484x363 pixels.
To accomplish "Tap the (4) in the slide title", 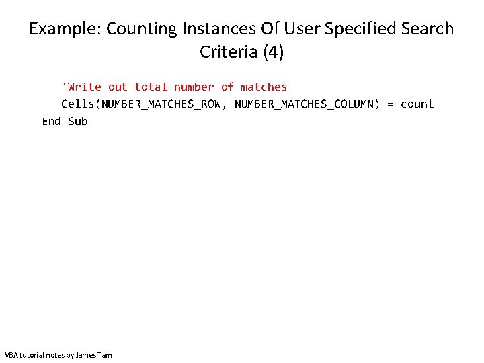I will (273, 52).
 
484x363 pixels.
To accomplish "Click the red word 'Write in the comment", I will (81, 87).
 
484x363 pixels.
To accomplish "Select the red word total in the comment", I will (151, 87).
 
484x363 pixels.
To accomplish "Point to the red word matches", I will (264, 87).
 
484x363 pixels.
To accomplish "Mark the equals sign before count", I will (391, 104).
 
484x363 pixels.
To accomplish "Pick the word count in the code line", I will (417, 104).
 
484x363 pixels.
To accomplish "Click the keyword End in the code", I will (52, 121).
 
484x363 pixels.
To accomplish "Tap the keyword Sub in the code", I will (78, 121).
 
